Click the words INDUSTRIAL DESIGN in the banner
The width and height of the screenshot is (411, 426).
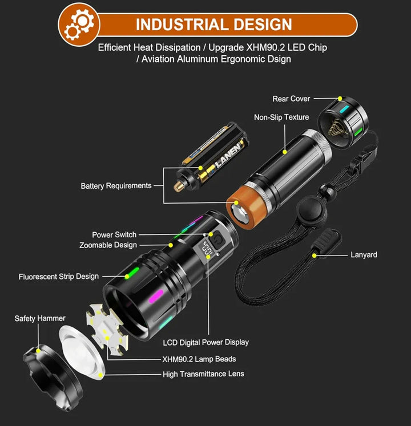point(214,25)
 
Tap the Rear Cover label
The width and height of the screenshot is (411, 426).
point(291,99)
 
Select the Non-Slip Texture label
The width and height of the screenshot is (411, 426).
point(281,117)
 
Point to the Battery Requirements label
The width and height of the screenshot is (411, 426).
point(116,186)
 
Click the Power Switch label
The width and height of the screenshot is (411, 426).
point(114,235)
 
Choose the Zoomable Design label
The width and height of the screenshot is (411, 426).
point(108,245)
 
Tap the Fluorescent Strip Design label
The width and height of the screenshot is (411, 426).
point(59,277)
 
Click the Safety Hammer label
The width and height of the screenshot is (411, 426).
point(40,318)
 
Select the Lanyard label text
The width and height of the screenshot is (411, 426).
point(364,255)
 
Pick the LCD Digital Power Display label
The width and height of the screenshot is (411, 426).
point(205,343)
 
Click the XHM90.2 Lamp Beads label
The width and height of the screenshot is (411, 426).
point(199,359)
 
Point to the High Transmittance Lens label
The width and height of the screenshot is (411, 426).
point(203,374)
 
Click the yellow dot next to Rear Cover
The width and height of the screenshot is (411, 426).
point(340,99)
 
